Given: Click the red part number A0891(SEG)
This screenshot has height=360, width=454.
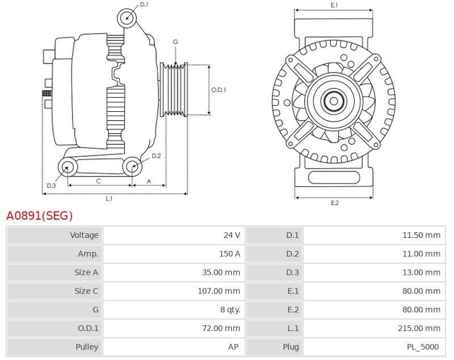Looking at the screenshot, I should pyautogui.click(x=40, y=216).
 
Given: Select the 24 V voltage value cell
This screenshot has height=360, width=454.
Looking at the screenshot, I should pyautogui.click(x=232, y=235).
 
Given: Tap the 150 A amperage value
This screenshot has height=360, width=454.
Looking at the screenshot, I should pyautogui.click(x=229, y=254).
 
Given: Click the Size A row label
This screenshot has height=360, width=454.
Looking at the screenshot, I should pyautogui.click(x=86, y=273).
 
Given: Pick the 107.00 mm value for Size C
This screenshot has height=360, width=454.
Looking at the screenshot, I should pyautogui.click(x=221, y=291).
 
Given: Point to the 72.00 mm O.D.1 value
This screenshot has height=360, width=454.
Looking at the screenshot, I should pyautogui.click(x=223, y=328).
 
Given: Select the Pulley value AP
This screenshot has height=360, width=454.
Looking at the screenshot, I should pyautogui.click(x=233, y=346).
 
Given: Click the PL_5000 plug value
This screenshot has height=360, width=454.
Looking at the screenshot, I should pyautogui.click(x=422, y=346).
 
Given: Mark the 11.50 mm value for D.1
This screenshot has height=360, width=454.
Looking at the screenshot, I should pyautogui.click(x=421, y=235).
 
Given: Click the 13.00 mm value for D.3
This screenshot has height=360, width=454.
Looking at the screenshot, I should pyautogui.click(x=421, y=273).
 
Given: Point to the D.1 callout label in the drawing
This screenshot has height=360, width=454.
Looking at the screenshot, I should pyautogui.click(x=144, y=5).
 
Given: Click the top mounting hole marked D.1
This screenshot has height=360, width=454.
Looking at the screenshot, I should pyautogui.click(x=127, y=18).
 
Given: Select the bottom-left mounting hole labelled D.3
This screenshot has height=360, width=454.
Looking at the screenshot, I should pyautogui.click(x=68, y=167).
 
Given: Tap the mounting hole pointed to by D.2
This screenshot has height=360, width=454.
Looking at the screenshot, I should pyautogui.click(x=132, y=166).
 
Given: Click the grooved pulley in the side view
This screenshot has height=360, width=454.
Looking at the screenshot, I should pyautogui.click(x=174, y=90).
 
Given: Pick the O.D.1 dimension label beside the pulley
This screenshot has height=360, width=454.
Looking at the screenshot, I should pyautogui.click(x=218, y=90).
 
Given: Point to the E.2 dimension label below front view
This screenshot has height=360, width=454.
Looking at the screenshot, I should pyautogui.click(x=334, y=203).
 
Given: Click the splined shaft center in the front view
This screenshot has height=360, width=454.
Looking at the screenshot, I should pyautogui.click(x=334, y=102).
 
